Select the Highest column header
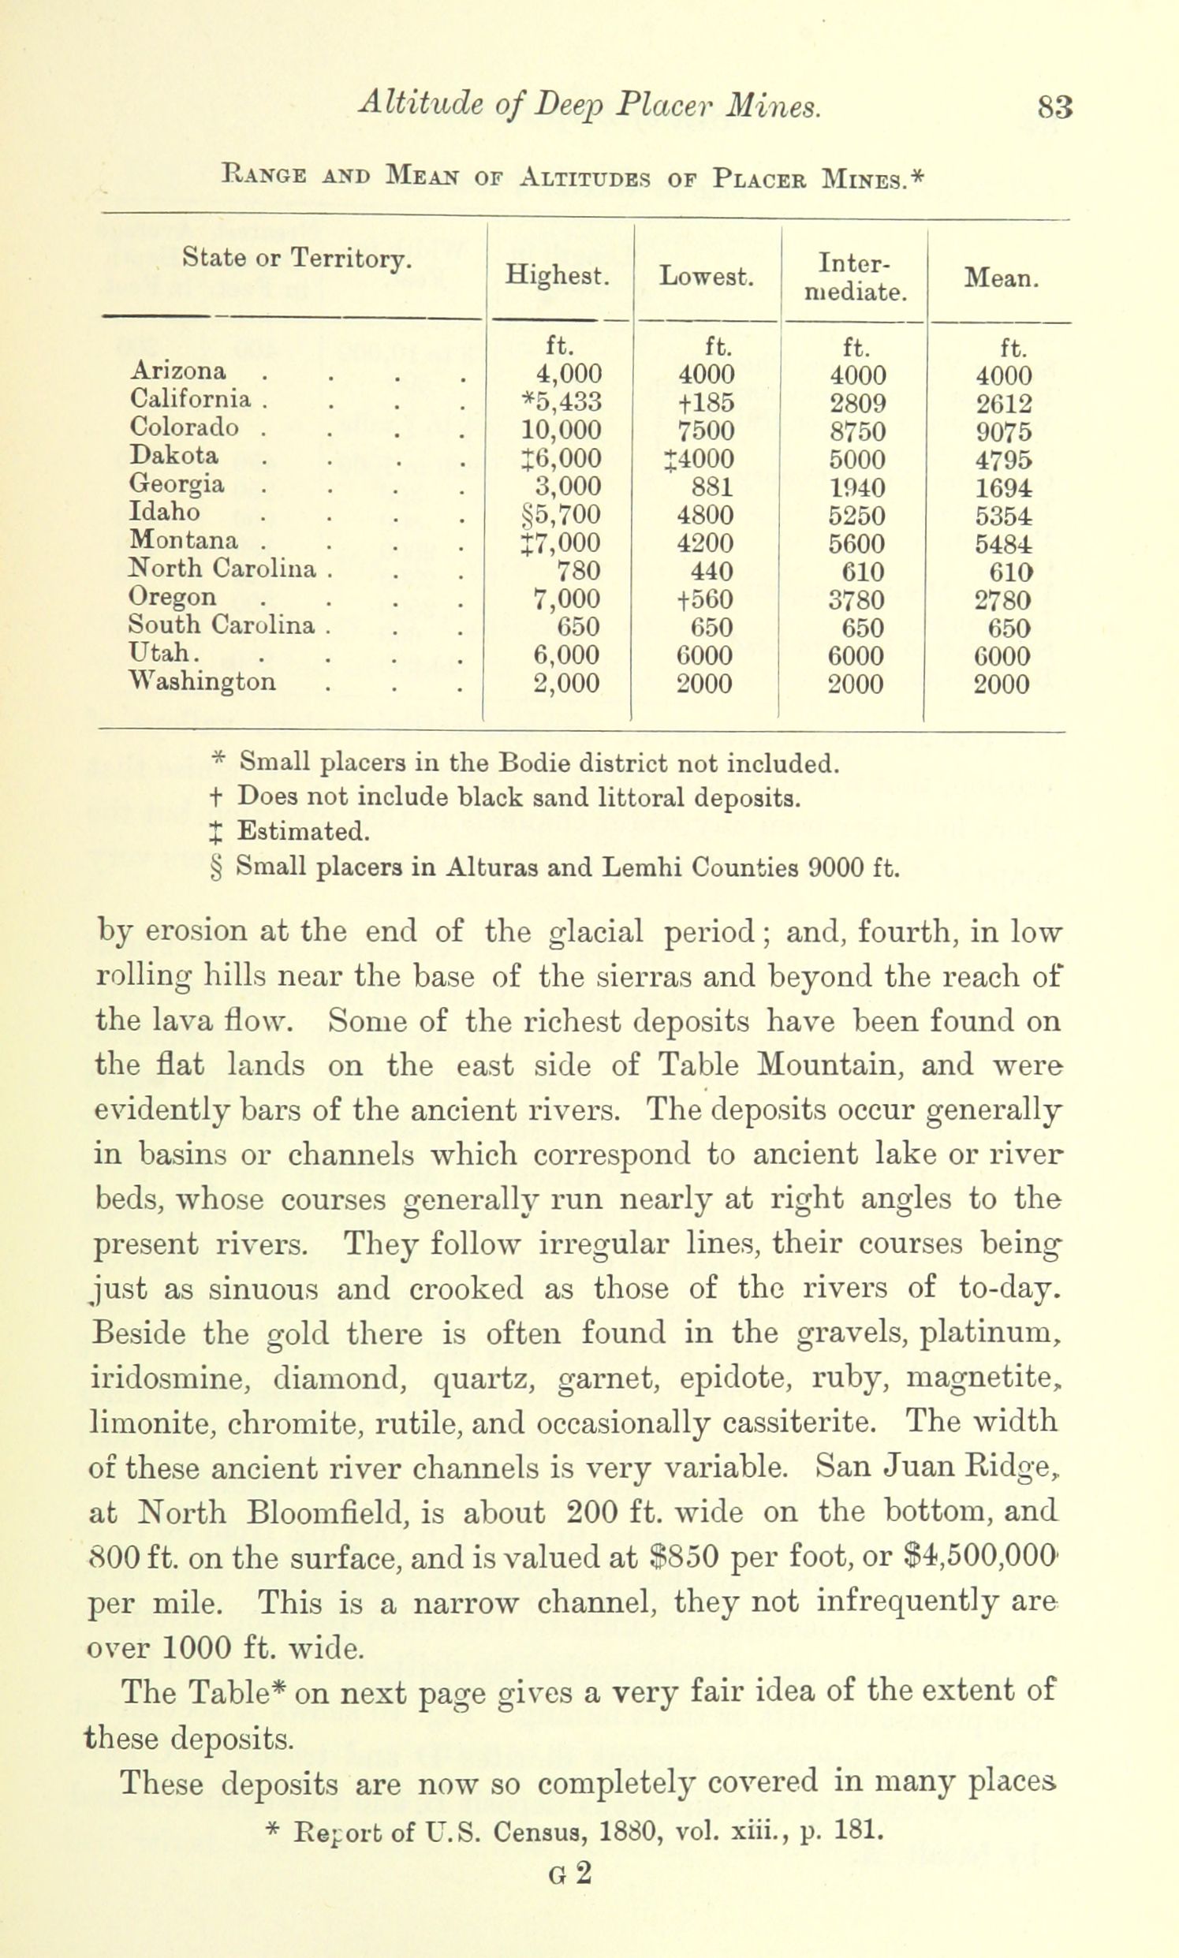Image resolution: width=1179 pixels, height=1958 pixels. point(558,277)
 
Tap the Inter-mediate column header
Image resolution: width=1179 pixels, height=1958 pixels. point(855,278)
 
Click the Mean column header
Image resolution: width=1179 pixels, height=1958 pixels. point(1001,278)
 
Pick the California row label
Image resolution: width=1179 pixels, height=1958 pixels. point(191,399)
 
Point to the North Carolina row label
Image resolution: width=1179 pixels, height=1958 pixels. point(222,569)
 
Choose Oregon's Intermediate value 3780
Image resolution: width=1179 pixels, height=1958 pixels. point(856,600)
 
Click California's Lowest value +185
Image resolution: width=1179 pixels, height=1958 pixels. point(706,403)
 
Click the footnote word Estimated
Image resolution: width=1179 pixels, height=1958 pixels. point(304,832)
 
